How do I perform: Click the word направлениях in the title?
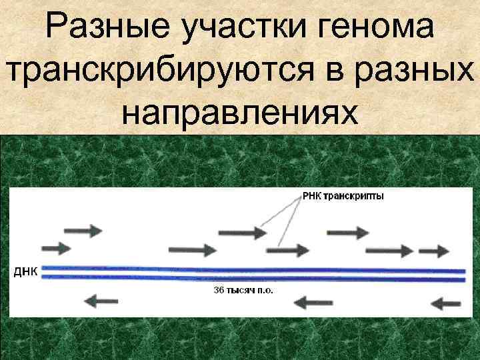[239, 111]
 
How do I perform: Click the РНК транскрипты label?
[343, 196]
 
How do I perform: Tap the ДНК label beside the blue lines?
[25, 271]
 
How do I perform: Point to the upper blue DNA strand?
[253, 270]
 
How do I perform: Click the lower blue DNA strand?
[253, 278]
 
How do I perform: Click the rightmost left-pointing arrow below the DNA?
[446, 303]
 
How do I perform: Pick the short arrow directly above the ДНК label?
[54, 248]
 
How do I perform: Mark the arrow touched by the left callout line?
[243, 233]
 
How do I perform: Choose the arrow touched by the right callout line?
[288, 250]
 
